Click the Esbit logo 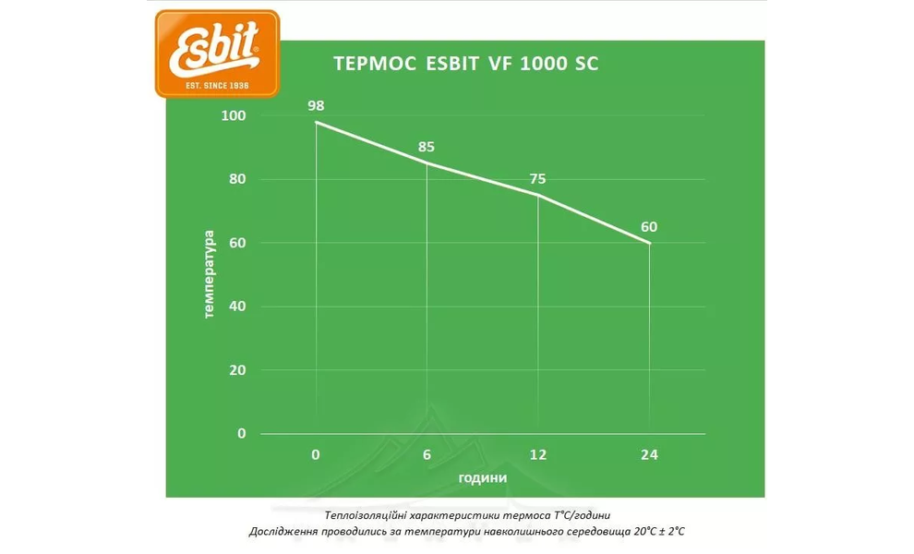(217, 53)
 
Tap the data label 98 (316, 105)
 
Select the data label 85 (427, 146)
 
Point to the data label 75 (537, 179)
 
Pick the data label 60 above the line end (650, 226)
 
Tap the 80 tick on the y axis (238, 179)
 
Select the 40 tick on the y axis (238, 306)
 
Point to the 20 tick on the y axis (238, 369)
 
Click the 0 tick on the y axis (242, 433)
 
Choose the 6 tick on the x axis (427, 454)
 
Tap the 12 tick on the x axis (537, 454)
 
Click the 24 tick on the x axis (650, 454)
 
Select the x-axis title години (482, 479)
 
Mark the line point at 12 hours (537, 195)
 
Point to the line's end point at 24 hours (650, 243)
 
